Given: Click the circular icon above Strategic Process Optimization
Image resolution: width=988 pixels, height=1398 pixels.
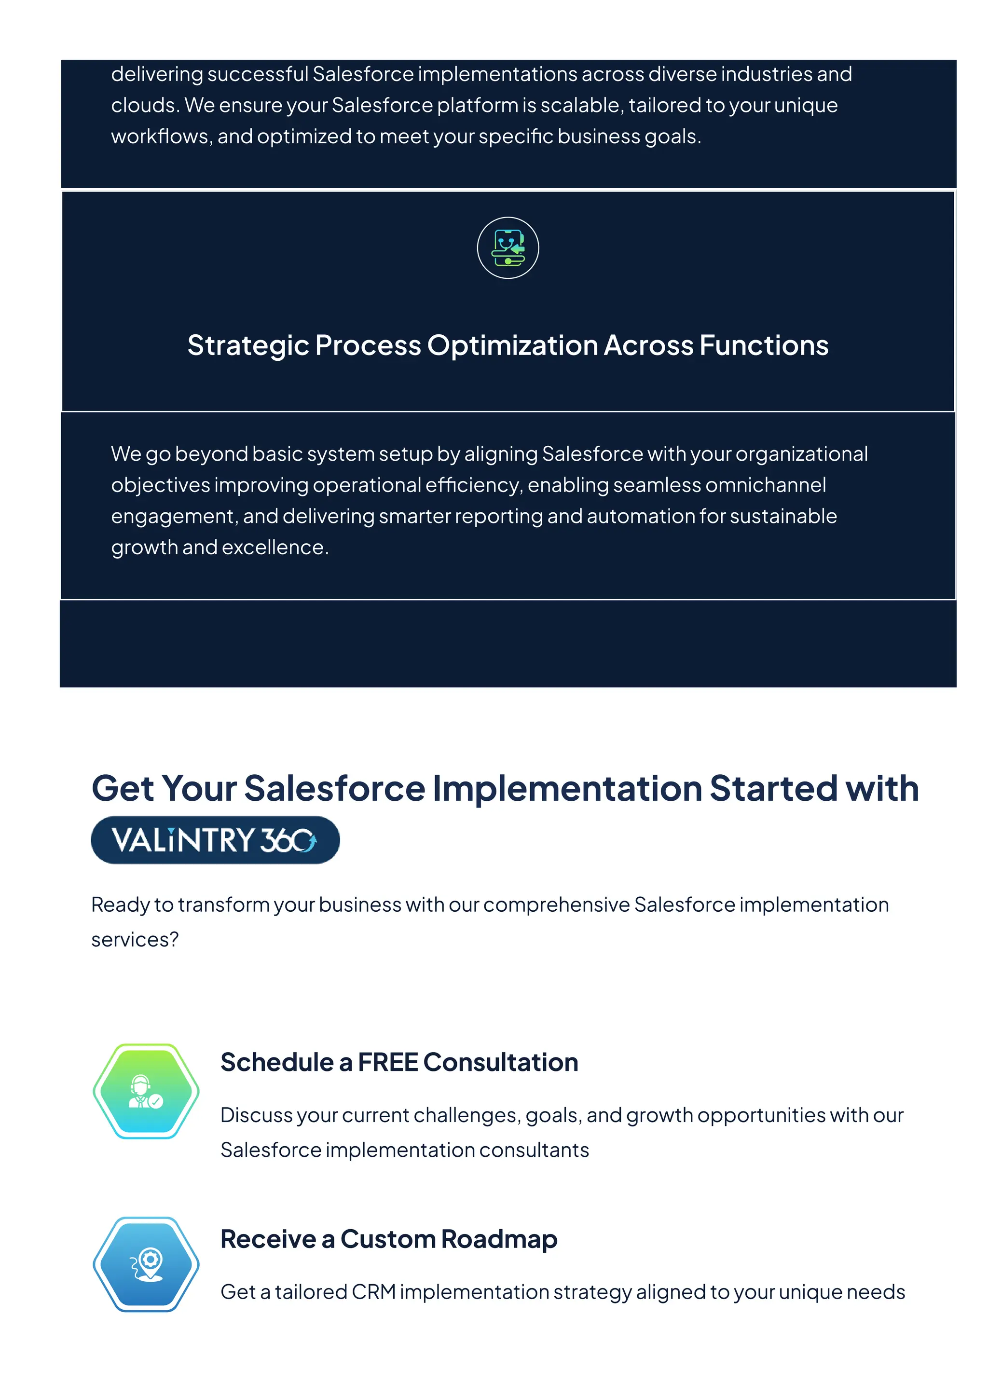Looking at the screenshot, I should [x=508, y=248].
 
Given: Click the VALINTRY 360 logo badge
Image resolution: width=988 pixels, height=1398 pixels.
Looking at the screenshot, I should [x=215, y=840].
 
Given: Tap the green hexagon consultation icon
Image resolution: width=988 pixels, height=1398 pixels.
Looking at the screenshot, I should [x=146, y=1091].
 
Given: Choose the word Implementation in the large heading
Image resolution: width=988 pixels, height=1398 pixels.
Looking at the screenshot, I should [x=567, y=789].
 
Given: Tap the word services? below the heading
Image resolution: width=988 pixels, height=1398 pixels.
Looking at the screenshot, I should [x=135, y=940].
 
